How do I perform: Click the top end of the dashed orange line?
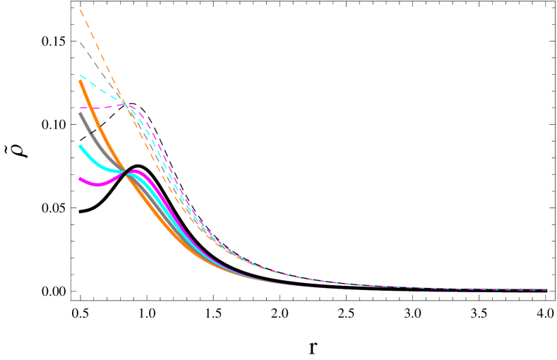[81, 10]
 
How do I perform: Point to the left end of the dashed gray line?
[80, 43]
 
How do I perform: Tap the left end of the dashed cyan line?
[80, 75]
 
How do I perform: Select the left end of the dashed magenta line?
[80, 108]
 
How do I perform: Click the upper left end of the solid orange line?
[80, 82]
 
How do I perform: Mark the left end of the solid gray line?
[80, 114]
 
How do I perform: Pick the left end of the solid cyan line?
[80, 146]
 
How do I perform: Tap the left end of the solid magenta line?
[80, 179]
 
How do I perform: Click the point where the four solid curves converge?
[126, 172]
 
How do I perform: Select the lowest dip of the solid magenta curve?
[97, 185]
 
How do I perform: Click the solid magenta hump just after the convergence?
[136, 173]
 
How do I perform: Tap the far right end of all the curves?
[546, 290]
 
